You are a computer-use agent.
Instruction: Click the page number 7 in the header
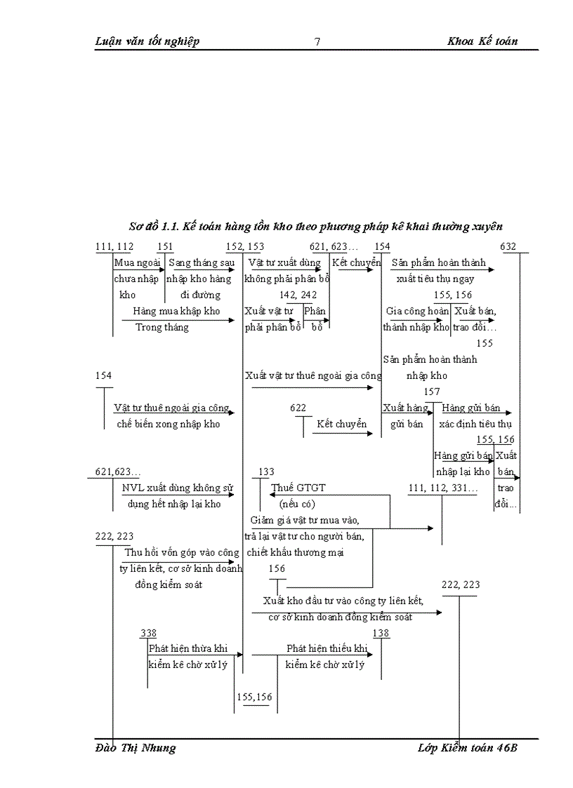pyautogui.click(x=317, y=41)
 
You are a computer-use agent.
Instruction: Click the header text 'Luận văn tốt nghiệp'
pyautogui.click(x=147, y=41)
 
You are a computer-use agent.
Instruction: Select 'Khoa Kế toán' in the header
pyautogui.click(x=482, y=41)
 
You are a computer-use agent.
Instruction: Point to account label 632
pyautogui.click(x=508, y=246)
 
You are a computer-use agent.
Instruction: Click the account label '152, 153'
pyautogui.click(x=245, y=246)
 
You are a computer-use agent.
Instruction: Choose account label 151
pyautogui.click(x=165, y=246)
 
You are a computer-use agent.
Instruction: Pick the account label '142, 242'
pyautogui.click(x=298, y=295)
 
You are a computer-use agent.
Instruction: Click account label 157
pyautogui.click(x=432, y=392)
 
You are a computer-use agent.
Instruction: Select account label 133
pyautogui.click(x=266, y=472)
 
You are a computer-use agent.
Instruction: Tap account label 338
pyautogui.click(x=148, y=633)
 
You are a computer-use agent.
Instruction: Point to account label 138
pyautogui.click(x=381, y=633)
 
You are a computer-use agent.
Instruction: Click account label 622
pyautogui.click(x=298, y=408)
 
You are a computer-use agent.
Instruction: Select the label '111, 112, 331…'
pyautogui.click(x=442, y=488)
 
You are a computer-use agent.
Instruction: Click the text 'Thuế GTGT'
pyautogui.click(x=298, y=488)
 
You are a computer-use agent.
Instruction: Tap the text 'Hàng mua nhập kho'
pyautogui.click(x=176, y=311)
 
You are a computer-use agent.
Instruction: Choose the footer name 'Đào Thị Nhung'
pyautogui.click(x=136, y=748)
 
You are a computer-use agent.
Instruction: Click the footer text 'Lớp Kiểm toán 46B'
pyautogui.click(x=467, y=748)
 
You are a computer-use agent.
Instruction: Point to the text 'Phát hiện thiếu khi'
pyautogui.click(x=327, y=648)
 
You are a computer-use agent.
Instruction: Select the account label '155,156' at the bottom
pyautogui.click(x=254, y=697)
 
